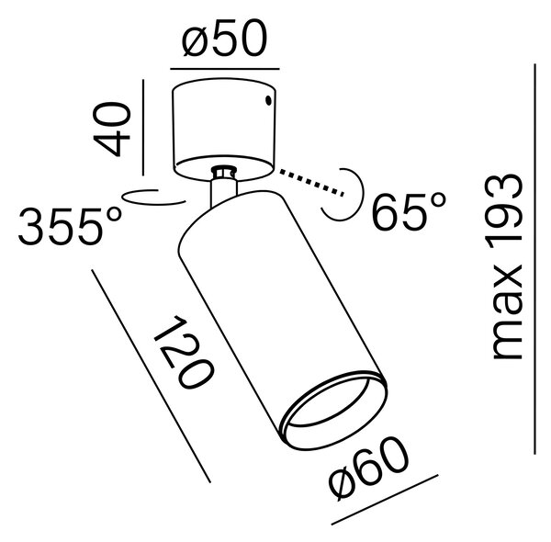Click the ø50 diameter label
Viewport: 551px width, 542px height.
click(225, 38)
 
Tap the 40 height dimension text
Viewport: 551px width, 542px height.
click(112, 129)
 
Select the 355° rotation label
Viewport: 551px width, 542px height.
click(70, 226)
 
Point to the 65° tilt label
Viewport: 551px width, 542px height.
click(409, 211)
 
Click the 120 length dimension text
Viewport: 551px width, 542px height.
click(184, 352)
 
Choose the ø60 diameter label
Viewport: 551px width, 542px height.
click(369, 468)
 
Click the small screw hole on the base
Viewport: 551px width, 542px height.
click(268, 100)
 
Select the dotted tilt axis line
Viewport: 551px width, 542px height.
click(311, 183)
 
